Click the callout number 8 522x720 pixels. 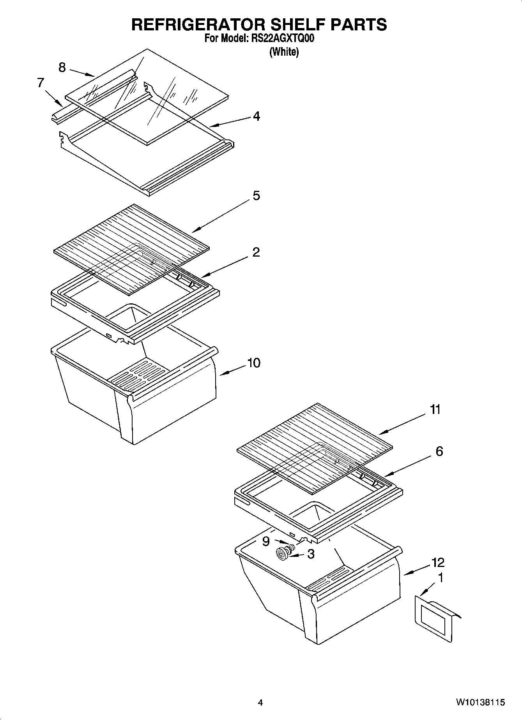[62, 68]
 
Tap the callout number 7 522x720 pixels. [41, 83]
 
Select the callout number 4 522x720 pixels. [256, 116]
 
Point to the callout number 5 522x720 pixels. [256, 195]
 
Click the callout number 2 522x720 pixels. [256, 252]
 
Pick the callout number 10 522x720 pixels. [253, 363]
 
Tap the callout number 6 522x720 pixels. [439, 451]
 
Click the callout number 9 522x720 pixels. [266, 541]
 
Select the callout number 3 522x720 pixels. [311, 554]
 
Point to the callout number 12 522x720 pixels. [438, 562]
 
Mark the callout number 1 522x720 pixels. [441, 578]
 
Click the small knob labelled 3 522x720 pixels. [281, 553]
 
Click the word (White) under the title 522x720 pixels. [284, 52]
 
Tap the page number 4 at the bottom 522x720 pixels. [260, 702]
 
